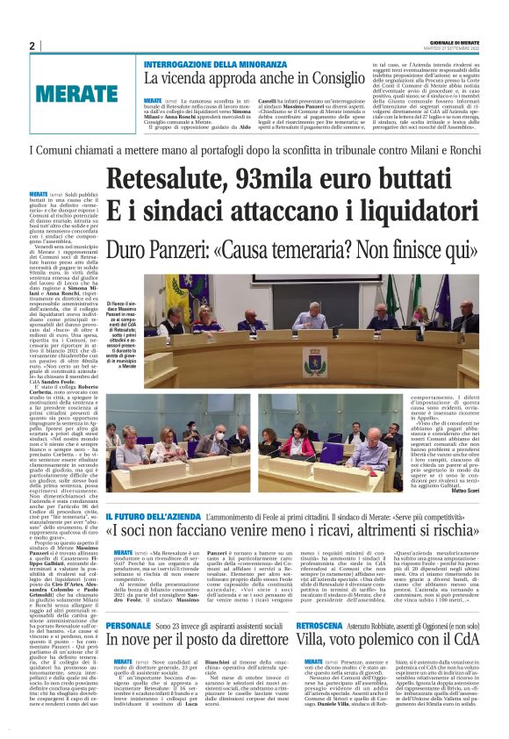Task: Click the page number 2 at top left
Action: (x=32, y=46)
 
